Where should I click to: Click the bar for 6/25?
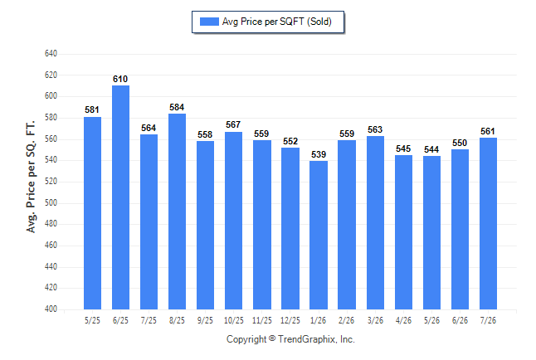(x=120, y=197)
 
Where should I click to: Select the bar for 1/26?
(x=319, y=236)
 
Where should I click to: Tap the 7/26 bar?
(x=488, y=224)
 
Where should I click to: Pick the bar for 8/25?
(x=177, y=212)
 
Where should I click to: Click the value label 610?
(x=120, y=79)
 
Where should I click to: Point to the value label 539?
(x=319, y=154)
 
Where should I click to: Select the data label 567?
(x=233, y=124)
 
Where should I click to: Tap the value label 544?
(x=431, y=149)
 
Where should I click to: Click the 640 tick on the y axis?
(x=51, y=54)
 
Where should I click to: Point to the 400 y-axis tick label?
(x=51, y=309)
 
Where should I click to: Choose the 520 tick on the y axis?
(x=51, y=181)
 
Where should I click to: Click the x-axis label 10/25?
(x=234, y=320)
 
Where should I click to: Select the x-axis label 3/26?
(x=375, y=320)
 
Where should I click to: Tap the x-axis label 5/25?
(x=92, y=320)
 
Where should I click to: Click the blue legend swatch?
(x=209, y=22)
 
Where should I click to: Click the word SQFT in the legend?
(x=291, y=22)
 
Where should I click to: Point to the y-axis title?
(x=31, y=177)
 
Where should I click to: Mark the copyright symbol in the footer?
(x=272, y=338)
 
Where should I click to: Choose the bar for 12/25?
(x=290, y=228)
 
